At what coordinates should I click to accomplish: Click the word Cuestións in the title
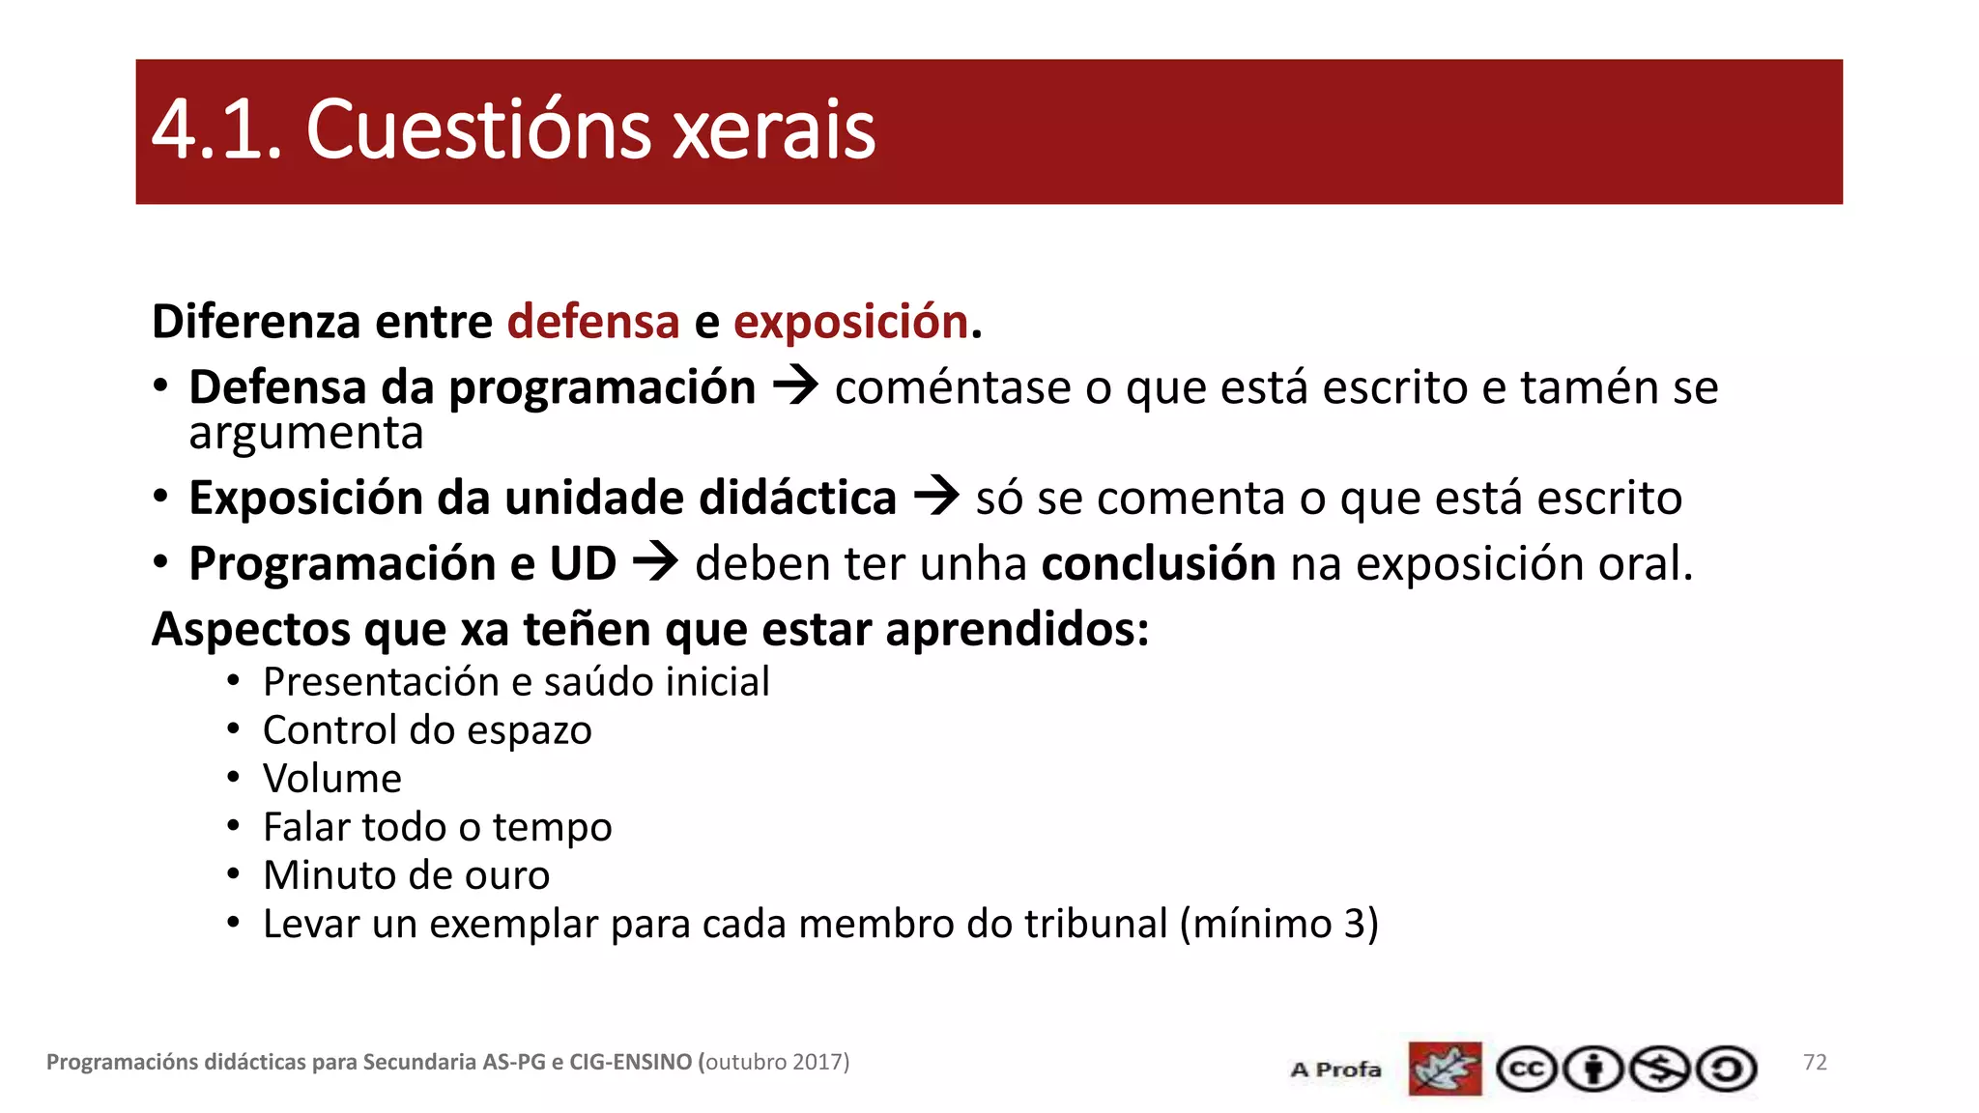pos(478,130)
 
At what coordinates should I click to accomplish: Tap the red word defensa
pos(593,322)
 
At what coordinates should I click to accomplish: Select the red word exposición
pos(850,322)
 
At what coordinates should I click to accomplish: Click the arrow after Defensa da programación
pos(795,386)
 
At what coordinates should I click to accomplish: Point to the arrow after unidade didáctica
pos(936,497)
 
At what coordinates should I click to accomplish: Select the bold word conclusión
pos(1158,563)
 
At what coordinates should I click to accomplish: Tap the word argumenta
pos(306,434)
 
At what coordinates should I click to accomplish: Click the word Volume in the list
pos(331,779)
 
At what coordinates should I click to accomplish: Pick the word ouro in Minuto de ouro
pos(507,875)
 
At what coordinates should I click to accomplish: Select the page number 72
pos(1815,1062)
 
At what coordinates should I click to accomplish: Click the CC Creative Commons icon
pos(1526,1069)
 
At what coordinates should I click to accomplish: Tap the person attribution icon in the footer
pos(1592,1069)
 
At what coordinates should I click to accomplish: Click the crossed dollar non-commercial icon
pos(1659,1069)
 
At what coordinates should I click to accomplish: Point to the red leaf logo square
pos(1445,1069)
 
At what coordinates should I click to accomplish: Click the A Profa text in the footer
pos(1335,1070)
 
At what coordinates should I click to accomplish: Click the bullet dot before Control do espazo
pos(233,730)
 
